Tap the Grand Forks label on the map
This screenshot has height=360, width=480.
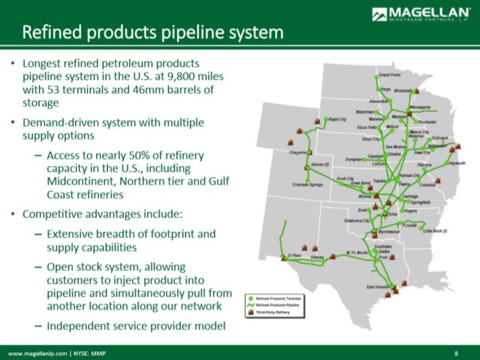[391, 75]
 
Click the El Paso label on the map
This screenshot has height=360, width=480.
[294, 255]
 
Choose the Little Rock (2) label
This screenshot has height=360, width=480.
[435, 231]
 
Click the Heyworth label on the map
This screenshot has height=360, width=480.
[457, 163]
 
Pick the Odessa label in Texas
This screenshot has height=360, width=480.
[317, 257]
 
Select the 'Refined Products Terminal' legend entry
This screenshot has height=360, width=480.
[277, 297]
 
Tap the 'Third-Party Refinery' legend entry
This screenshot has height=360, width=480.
[274, 313]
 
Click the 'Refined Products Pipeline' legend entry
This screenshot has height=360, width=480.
[277, 305]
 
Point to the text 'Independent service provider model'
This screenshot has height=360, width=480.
[135, 326]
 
